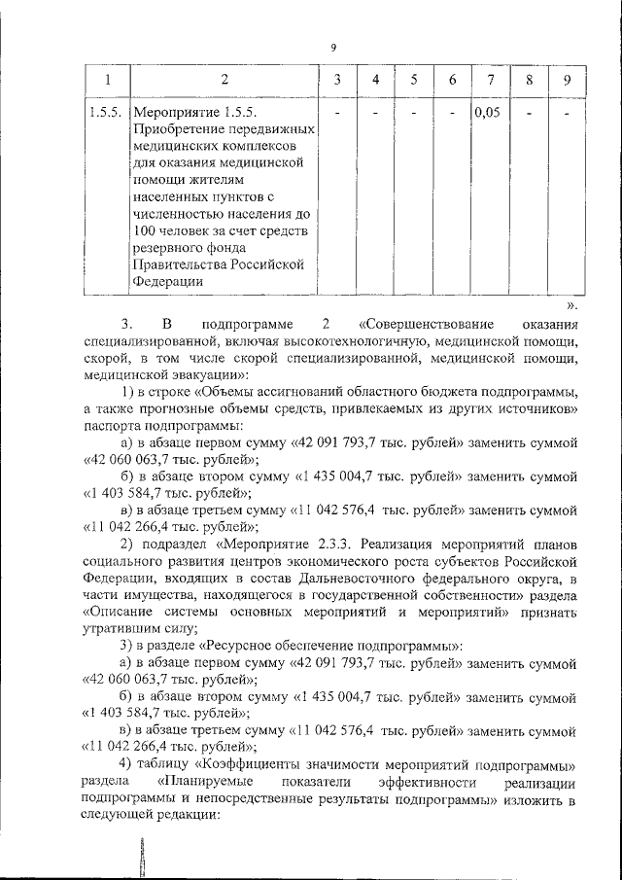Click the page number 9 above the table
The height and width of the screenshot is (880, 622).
pyautogui.click(x=333, y=48)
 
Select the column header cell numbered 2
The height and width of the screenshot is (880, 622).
pyautogui.click(x=225, y=79)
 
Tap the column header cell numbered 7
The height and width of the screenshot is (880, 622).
pyautogui.click(x=491, y=79)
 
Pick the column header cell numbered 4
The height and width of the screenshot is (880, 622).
pyautogui.click(x=374, y=79)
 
